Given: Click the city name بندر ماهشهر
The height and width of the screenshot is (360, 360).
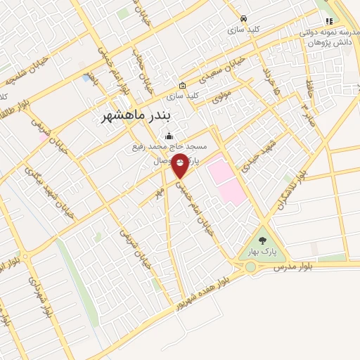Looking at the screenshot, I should [x=137, y=116].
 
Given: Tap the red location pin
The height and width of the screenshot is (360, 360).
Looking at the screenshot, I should [x=180, y=165].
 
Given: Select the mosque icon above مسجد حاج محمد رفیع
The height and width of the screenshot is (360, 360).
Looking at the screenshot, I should [x=167, y=136].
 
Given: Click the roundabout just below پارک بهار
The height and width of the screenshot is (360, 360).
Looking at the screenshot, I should [x=250, y=266].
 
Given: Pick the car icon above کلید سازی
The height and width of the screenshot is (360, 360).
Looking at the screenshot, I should [x=243, y=19].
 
